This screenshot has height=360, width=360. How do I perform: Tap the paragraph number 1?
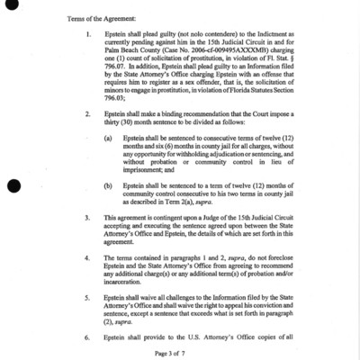[x=87, y=36]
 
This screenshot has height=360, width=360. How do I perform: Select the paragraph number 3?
[x=87, y=218]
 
